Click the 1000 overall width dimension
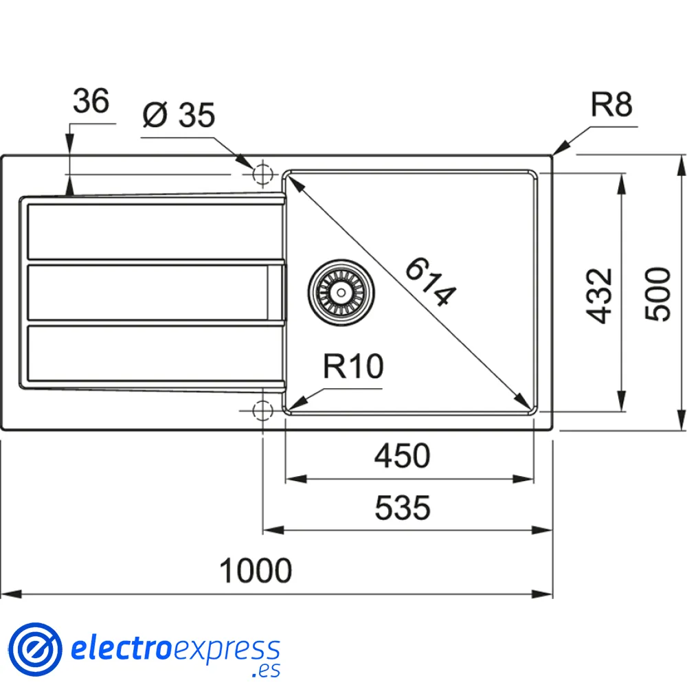(x=256, y=570)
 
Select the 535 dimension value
(x=403, y=508)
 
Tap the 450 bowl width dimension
(x=403, y=455)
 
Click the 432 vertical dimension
(x=600, y=295)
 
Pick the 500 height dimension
(x=657, y=293)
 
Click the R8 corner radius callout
(x=611, y=106)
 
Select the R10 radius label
(x=353, y=368)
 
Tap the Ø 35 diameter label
(x=179, y=115)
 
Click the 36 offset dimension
(x=91, y=102)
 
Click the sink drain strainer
(x=341, y=291)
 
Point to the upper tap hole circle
(x=262, y=174)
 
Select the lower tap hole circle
(x=262, y=411)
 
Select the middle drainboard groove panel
(x=148, y=292)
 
